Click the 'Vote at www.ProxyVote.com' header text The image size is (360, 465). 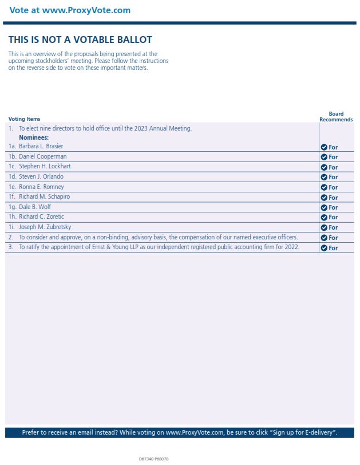pyautogui.click(x=70, y=10)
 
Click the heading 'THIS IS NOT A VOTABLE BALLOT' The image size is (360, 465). pyautogui.click(x=80, y=40)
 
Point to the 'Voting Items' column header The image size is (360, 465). pyautogui.click(x=24, y=119)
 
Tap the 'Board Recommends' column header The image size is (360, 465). pyautogui.click(x=336, y=117)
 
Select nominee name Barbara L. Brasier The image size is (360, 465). pyautogui.click(x=41, y=147)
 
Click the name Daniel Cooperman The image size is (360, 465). pyautogui.click(x=42, y=156)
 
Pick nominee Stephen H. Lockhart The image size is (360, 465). pyautogui.click(x=45, y=167)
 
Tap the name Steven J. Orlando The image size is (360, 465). pyautogui.click(x=41, y=177)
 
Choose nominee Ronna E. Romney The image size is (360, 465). pyautogui.click(x=41, y=187)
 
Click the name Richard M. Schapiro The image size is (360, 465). pyautogui.click(x=45, y=197)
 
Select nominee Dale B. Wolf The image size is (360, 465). pyautogui.click(x=35, y=207)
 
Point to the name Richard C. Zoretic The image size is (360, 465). pyautogui.click(x=42, y=217)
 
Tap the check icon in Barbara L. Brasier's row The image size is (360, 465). pyautogui.click(x=324, y=147)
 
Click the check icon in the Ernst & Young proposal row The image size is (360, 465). pyautogui.click(x=324, y=248)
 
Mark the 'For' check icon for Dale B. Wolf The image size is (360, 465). pyautogui.click(x=324, y=207)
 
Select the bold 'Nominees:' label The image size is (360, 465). pyautogui.click(x=34, y=137)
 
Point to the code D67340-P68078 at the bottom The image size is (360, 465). pyautogui.click(x=153, y=459)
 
